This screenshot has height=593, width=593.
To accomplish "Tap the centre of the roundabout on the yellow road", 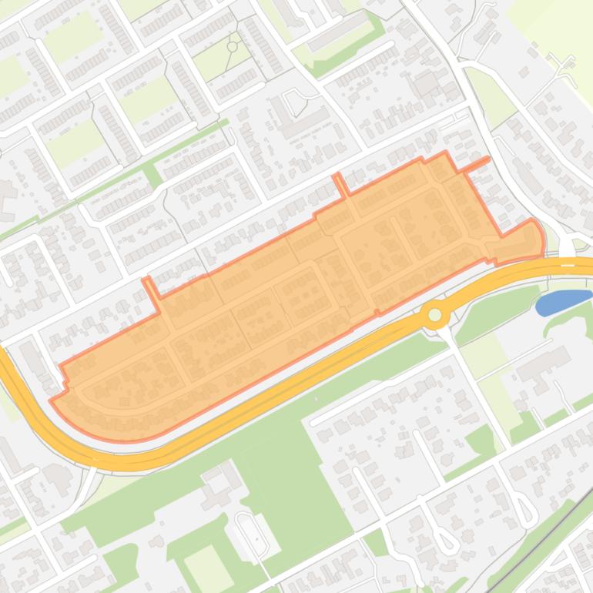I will [435, 314].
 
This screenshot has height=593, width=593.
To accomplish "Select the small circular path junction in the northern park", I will [232, 47].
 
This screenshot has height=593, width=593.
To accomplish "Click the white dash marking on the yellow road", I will [568, 262].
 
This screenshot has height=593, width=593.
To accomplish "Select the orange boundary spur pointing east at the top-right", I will [477, 163].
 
